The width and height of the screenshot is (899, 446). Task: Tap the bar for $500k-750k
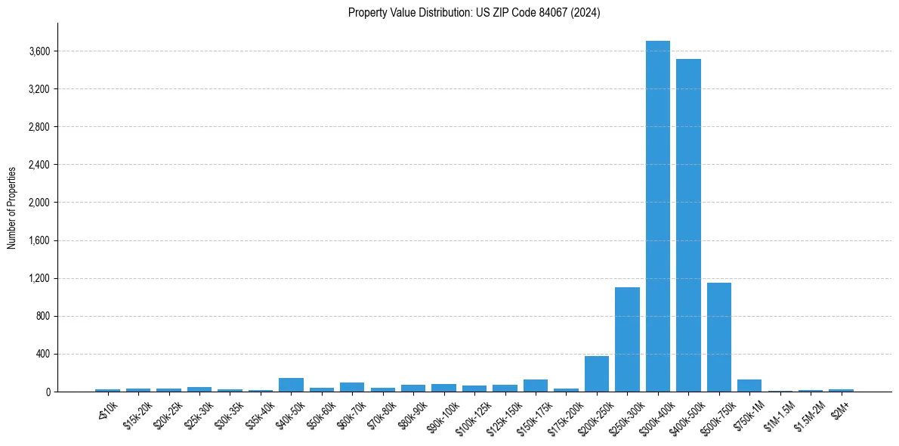tap(718, 337)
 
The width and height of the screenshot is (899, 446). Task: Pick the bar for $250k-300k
tap(627, 339)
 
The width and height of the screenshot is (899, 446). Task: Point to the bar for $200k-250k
tap(596, 373)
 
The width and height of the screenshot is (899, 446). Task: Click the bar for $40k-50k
tap(291, 385)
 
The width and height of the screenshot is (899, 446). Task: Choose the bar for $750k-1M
tap(749, 386)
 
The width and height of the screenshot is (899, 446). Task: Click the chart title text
tap(474, 13)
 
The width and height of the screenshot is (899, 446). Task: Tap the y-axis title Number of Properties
tap(12, 208)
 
